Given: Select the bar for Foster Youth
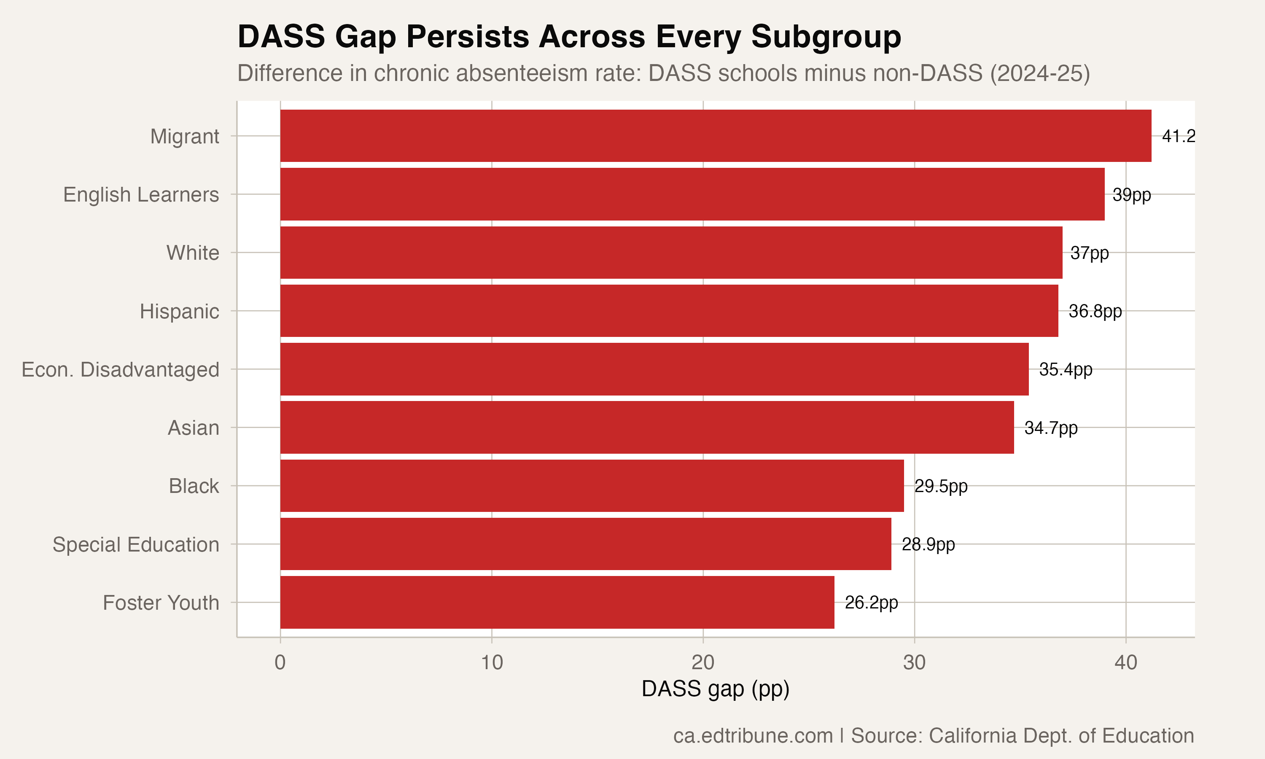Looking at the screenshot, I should coord(557,602).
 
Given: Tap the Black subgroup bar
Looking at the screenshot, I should coord(592,485).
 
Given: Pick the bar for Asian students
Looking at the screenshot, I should coord(647,427).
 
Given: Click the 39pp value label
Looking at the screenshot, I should coord(1132,194).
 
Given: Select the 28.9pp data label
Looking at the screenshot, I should coord(928,544).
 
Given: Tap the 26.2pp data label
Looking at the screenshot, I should coord(871,603).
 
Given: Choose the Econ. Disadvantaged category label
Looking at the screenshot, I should coord(120,369).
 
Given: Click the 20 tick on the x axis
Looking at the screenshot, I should coord(702,662).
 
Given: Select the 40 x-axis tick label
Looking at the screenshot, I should coord(1125,662).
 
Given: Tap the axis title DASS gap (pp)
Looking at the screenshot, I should coord(715,689).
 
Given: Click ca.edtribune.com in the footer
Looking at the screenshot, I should coord(753,735).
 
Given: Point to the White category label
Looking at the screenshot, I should coord(192,253).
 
